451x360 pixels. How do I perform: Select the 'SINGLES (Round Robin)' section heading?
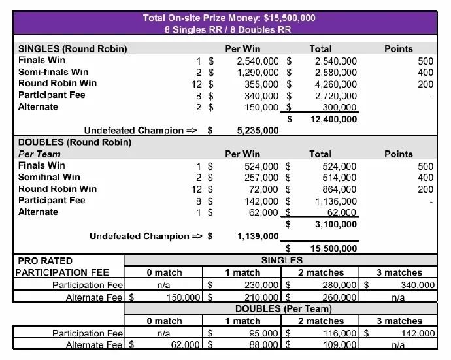click(73, 48)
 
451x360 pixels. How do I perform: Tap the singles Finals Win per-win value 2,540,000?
click(258, 61)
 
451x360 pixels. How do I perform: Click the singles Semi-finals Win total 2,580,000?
click(336, 73)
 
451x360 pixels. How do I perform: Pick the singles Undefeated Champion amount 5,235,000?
click(258, 131)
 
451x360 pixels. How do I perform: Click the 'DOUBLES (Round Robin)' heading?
click(75, 142)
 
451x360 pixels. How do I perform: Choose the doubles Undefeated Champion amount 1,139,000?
click(258, 236)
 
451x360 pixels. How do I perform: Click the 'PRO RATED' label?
click(46, 261)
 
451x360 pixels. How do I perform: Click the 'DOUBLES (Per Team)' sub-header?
click(282, 308)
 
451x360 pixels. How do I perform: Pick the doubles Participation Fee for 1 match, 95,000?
click(261, 333)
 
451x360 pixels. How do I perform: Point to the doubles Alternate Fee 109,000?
click(340, 345)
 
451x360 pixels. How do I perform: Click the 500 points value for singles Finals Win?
click(426, 61)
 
